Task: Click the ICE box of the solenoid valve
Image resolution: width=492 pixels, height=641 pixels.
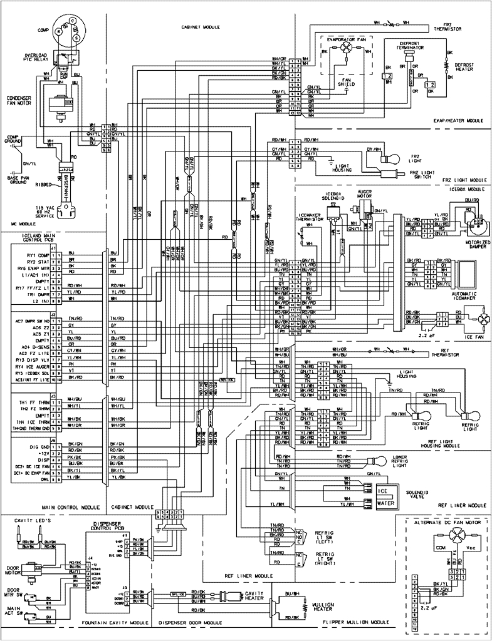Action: point(384,490)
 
